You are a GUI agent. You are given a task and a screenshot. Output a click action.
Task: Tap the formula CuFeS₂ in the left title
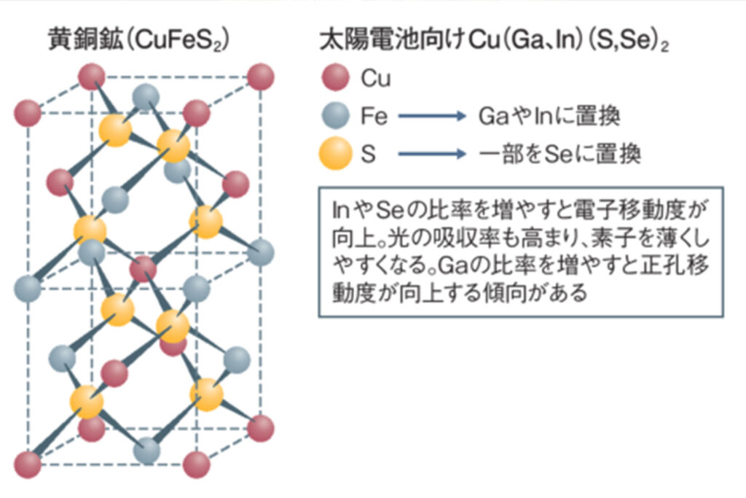pos(178,41)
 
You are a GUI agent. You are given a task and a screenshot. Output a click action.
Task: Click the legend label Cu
pos(376,79)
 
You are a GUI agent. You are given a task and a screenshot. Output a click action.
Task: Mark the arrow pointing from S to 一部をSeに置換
pos(431,155)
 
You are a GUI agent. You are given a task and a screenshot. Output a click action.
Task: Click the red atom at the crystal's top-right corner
pos(260,76)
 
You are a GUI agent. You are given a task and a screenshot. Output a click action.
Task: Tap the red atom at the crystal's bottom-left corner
pos(28,464)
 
